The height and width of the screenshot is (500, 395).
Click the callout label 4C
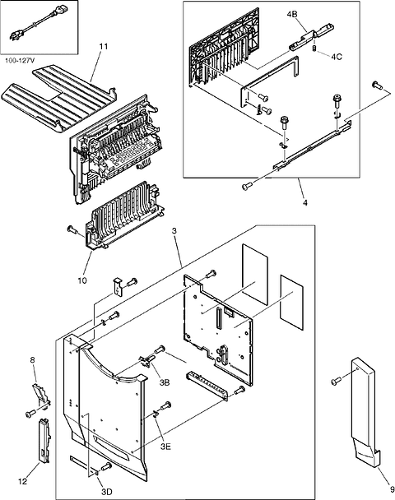pos(337,57)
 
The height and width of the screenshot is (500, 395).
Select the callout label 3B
pos(165,382)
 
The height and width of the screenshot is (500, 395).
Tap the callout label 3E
pos(165,446)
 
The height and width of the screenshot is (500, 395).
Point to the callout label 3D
pos(107,492)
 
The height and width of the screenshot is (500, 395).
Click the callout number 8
pos(33,359)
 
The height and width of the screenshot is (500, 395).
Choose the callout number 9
pos(381,487)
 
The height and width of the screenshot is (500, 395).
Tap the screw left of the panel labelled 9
pos(337,380)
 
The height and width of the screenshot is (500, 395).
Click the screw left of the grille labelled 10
pos(71,229)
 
